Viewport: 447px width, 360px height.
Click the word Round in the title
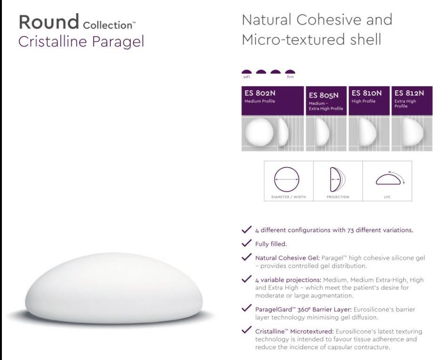pyautogui.click(x=49, y=22)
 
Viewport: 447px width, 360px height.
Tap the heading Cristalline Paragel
pyautogui.click(x=81, y=41)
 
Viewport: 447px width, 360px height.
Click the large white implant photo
pyautogui.click(x=114, y=288)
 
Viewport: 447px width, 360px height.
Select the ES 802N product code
pyautogui.click(x=260, y=93)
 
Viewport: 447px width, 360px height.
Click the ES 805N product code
pyautogui.click(x=324, y=96)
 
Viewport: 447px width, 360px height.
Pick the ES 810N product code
pyautogui.click(x=366, y=93)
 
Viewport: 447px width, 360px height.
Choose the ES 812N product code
pyautogui.click(x=409, y=93)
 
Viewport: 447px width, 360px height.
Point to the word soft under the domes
pyautogui.click(x=247, y=77)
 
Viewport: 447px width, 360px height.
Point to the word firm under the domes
pyautogui.click(x=290, y=77)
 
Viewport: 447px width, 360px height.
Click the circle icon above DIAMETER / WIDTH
pyautogui.click(x=287, y=167)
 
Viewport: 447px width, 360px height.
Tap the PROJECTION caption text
pyautogui.click(x=338, y=197)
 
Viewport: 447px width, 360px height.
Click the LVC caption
pyautogui.click(x=387, y=197)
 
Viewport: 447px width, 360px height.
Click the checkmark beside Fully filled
pyautogui.click(x=246, y=243)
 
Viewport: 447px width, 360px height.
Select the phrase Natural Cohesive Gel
pyautogui.click(x=287, y=258)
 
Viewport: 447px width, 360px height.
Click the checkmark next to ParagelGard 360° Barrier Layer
pyautogui.click(x=246, y=308)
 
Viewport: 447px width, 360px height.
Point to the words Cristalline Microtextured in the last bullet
pyautogui.click(x=294, y=331)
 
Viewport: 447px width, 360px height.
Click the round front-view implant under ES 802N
pyautogui.click(x=259, y=132)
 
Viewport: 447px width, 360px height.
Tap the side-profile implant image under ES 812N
pyautogui.click(x=412, y=132)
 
